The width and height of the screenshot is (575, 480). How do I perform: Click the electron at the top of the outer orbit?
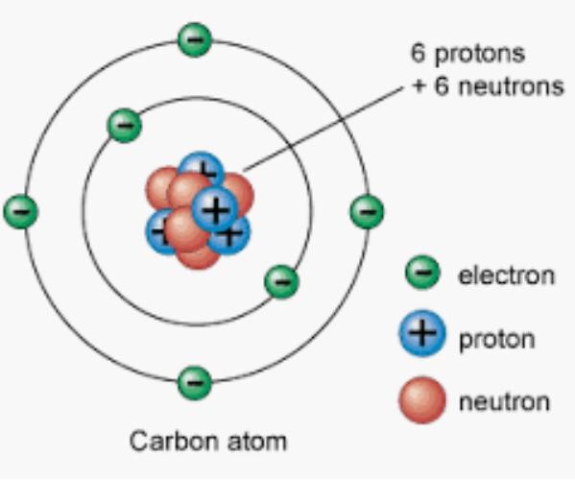(x=195, y=39)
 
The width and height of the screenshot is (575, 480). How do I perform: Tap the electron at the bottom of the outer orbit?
(x=195, y=382)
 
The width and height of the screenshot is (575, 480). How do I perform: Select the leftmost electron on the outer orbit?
(x=20, y=211)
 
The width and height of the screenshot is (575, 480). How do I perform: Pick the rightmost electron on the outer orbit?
(x=367, y=211)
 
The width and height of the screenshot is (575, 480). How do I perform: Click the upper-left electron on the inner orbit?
(x=125, y=126)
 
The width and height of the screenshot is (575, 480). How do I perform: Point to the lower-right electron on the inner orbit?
(x=281, y=281)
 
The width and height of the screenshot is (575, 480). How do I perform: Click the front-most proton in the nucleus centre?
(x=215, y=209)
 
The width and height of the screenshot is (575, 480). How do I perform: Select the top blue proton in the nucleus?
(x=201, y=167)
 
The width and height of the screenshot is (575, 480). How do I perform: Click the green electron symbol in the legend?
(x=422, y=273)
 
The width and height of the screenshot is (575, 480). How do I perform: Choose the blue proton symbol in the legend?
(x=422, y=333)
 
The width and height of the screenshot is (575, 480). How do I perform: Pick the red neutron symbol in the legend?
(x=422, y=400)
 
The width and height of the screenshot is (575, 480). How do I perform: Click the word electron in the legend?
(x=507, y=275)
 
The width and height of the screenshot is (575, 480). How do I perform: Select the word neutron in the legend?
(x=504, y=402)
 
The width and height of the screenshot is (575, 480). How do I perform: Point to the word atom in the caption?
(x=256, y=442)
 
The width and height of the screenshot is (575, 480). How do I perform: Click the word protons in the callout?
(x=480, y=55)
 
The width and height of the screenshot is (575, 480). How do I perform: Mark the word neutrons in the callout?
(x=511, y=87)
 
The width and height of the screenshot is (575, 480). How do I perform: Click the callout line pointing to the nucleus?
(x=323, y=129)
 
